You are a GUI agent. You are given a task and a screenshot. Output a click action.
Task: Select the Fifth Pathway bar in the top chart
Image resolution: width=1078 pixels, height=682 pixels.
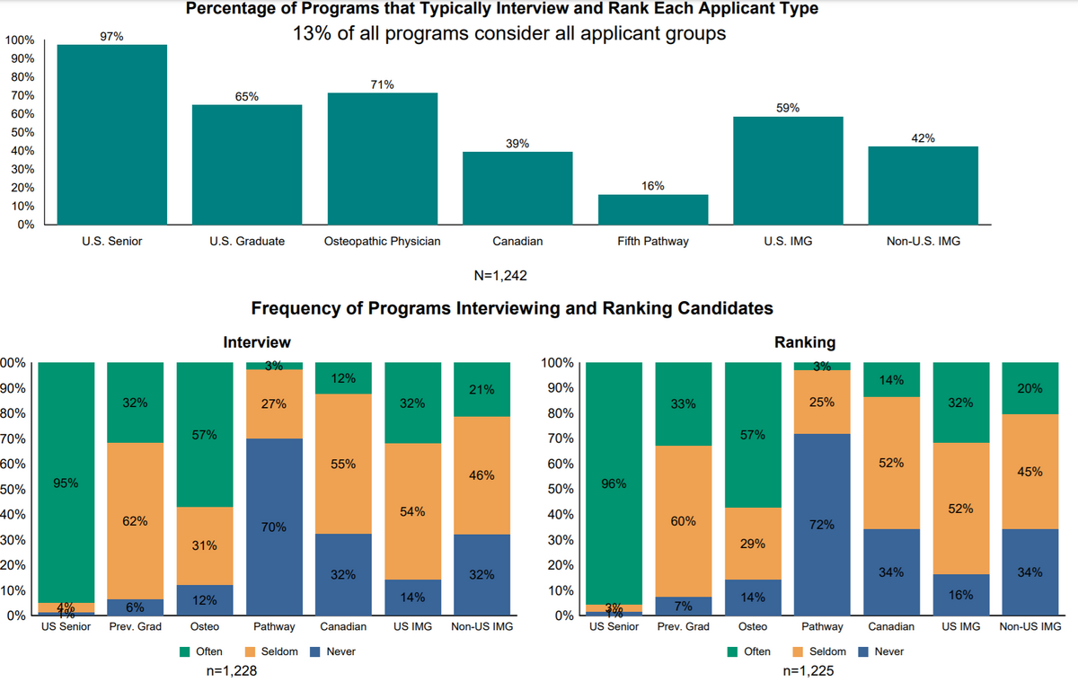point(653,209)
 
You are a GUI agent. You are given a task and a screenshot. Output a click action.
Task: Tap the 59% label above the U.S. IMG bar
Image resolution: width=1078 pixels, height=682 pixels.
point(788,108)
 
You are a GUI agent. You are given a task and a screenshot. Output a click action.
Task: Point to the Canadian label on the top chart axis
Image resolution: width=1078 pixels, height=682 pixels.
point(517,242)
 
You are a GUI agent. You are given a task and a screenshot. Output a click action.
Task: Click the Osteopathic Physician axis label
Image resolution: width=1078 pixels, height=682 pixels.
point(382,242)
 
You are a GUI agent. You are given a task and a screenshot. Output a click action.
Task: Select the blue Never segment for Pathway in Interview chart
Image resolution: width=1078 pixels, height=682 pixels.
point(274,527)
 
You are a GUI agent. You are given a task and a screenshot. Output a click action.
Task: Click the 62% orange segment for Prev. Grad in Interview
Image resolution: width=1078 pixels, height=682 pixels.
point(136,521)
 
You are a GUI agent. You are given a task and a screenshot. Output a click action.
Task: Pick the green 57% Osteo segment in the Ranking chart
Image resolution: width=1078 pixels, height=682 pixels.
point(753,435)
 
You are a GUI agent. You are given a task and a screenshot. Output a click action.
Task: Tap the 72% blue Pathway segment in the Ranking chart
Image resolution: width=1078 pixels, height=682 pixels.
point(823,525)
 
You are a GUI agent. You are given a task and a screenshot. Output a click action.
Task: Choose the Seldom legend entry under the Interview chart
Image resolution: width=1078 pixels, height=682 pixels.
point(276,651)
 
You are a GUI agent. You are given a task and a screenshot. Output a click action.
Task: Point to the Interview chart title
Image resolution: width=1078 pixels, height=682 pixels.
point(256,342)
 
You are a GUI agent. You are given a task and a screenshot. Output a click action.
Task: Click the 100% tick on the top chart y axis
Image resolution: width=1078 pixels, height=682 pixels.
point(20,40)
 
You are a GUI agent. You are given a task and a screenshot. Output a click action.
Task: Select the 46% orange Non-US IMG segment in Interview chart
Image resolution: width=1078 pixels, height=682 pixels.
point(482,476)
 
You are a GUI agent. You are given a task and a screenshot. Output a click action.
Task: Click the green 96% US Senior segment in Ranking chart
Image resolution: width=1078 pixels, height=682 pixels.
point(613,483)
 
